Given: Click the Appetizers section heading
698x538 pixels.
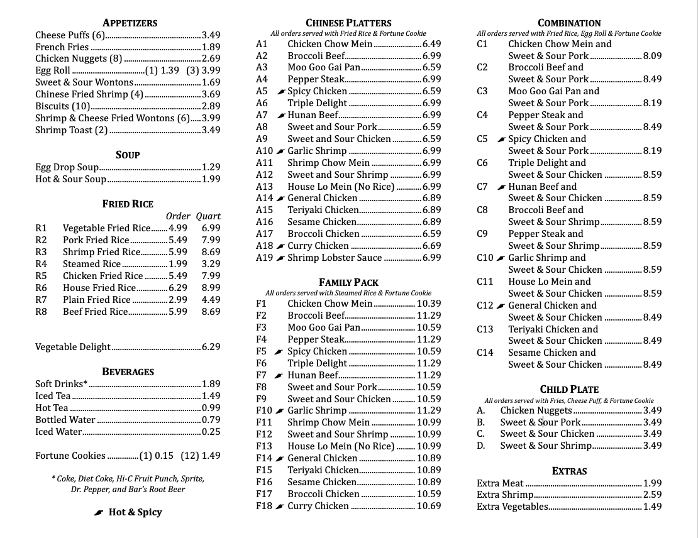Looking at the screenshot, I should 130,23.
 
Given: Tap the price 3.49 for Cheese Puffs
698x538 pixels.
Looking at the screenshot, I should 211,35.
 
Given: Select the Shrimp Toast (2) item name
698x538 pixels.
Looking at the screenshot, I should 72,130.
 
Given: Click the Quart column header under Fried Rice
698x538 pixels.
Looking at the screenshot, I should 208,216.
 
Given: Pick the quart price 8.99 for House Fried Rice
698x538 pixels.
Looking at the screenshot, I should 211,288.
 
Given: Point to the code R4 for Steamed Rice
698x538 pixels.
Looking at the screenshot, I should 42,264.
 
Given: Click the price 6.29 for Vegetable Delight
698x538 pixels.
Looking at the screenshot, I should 211,347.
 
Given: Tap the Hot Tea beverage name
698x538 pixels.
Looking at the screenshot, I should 52,408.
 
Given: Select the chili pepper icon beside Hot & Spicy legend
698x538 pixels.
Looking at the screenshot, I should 98,513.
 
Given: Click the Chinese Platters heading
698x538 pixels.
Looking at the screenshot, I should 348,23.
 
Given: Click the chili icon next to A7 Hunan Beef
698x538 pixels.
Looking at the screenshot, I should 280,115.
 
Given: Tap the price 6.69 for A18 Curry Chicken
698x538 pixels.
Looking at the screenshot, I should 432,246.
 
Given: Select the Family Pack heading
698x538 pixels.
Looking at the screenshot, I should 348,282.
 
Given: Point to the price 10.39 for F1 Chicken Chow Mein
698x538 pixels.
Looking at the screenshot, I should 429,304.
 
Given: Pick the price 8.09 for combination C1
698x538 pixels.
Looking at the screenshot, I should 652,56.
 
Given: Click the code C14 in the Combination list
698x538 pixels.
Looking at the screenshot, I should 485,353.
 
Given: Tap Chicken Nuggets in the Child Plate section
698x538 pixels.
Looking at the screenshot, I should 536,410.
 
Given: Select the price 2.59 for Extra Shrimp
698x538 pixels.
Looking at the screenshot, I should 652,495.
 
